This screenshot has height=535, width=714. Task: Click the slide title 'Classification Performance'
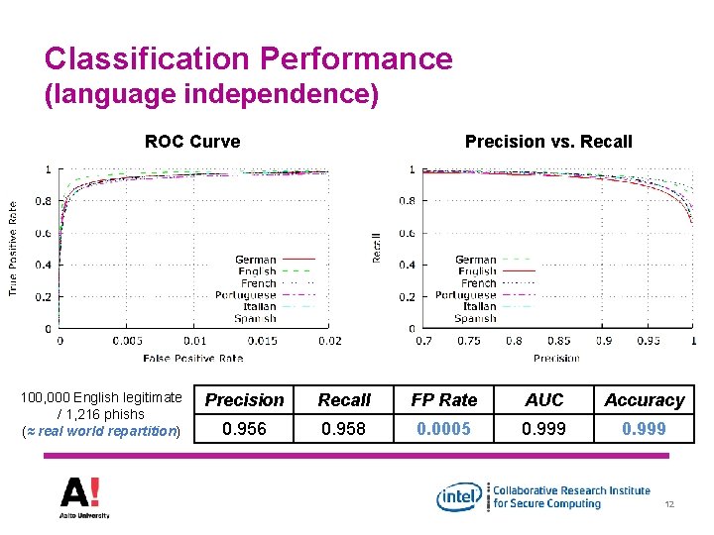point(248,58)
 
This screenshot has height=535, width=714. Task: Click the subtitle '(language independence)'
point(211,96)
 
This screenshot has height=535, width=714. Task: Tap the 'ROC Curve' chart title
point(192,142)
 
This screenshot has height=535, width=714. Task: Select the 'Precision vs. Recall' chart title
point(548,142)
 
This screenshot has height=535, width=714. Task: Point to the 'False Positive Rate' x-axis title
point(192,358)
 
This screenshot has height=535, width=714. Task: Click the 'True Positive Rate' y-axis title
point(13,249)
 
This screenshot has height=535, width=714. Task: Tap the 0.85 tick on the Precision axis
point(558,341)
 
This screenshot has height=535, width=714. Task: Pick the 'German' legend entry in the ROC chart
point(256,260)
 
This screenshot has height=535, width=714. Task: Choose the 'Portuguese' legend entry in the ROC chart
point(246,295)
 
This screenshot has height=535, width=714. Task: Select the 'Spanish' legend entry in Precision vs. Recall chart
point(475,319)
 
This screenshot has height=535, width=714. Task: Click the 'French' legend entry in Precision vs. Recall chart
point(478,283)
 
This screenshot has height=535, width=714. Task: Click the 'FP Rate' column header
point(444,400)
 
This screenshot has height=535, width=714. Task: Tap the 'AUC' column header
point(543,400)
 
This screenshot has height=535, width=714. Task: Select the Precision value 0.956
point(244,429)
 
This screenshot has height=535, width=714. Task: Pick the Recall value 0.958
point(344,429)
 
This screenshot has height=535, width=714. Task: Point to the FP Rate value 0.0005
point(444,429)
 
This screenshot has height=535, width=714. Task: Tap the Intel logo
point(461,496)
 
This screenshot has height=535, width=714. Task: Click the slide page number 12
point(670,506)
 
